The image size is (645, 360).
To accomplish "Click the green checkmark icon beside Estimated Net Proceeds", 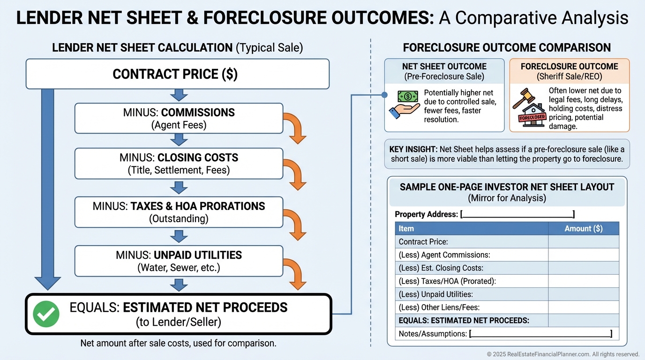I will point(46,314).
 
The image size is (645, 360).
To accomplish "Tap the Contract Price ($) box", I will point(177,74).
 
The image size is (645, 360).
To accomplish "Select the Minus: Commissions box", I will point(179,119).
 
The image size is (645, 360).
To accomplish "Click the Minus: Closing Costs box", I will point(179,164).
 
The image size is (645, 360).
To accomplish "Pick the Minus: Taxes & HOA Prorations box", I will point(179,212).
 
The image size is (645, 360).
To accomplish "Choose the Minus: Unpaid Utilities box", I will point(179,261).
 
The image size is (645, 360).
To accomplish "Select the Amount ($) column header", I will point(583,229).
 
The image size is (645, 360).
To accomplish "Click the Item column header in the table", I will point(406,229).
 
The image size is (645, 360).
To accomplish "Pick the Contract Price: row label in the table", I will point(423,242).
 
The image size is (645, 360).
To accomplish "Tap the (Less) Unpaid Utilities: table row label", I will point(435,294).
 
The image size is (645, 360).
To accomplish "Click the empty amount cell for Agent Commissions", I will point(583,255).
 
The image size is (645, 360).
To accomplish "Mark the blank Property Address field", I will point(517,215).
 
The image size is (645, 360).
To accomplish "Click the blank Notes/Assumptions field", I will point(540,334).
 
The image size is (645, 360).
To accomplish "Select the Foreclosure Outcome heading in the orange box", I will point(569,67).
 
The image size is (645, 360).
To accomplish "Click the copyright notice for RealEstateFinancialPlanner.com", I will point(563,354).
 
